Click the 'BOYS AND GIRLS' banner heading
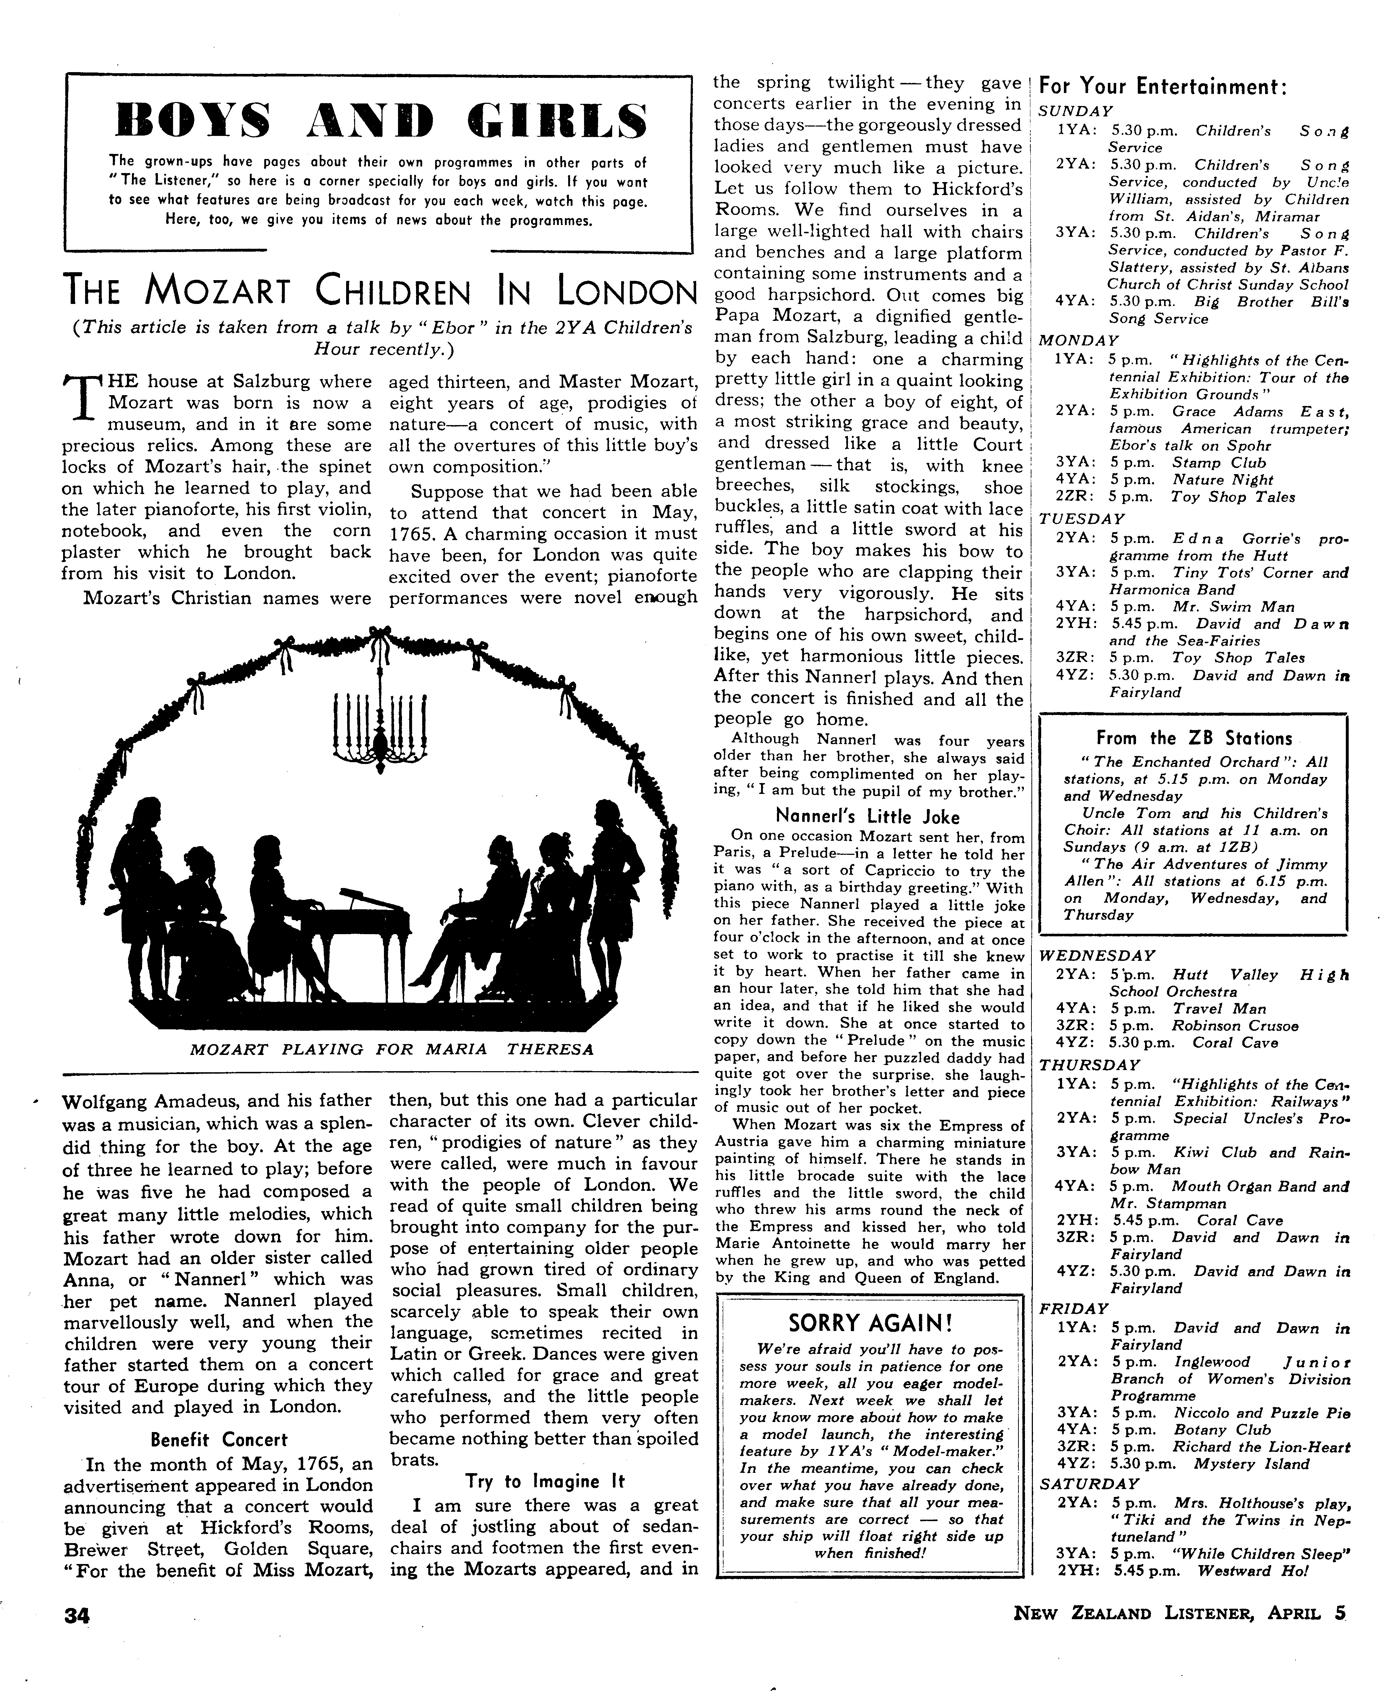(381, 121)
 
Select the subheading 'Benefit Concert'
(219, 1440)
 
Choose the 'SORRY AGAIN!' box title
(871, 1322)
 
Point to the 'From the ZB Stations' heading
(1194, 738)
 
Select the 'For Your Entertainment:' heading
(1163, 88)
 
